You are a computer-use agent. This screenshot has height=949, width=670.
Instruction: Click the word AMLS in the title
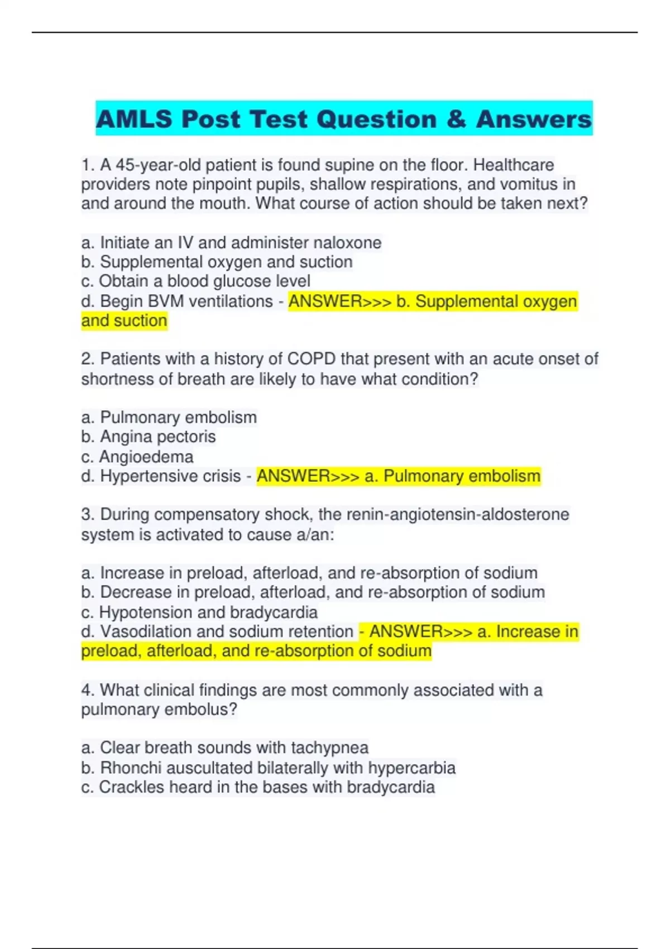click(134, 119)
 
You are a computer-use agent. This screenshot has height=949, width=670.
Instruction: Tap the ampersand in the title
click(456, 119)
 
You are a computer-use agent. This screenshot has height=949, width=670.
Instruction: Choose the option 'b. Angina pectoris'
click(149, 437)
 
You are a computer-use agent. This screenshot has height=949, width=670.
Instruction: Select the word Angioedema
click(146, 457)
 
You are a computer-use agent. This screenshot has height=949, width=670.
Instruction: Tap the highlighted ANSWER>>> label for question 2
click(308, 476)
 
